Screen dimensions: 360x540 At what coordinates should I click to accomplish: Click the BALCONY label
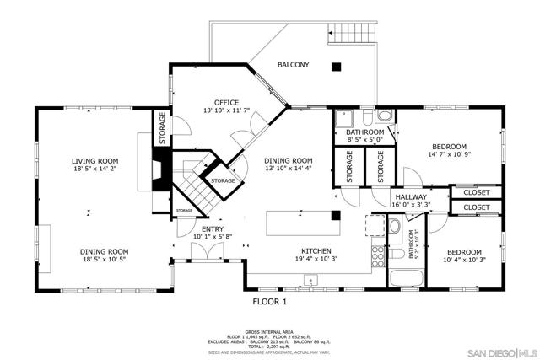pyautogui.click(x=292, y=65)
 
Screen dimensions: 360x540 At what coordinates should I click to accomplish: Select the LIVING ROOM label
pyautogui.click(x=94, y=160)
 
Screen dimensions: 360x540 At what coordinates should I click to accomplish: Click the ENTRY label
pyautogui.click(x=212, y=228)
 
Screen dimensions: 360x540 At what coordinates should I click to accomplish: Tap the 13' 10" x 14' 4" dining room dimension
pyautogui.click(x=289, y=169)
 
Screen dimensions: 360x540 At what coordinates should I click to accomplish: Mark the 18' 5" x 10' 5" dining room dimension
pyautogui.click(x=105, y=261)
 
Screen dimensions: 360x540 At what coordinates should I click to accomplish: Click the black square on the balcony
pyautogui.click(x=336, y=66)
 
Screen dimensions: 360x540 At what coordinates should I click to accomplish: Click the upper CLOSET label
pyautogui.click(x=476, y=192)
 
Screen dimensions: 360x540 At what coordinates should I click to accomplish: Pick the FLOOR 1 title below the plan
pyautogui.click(x=270, y=301)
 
